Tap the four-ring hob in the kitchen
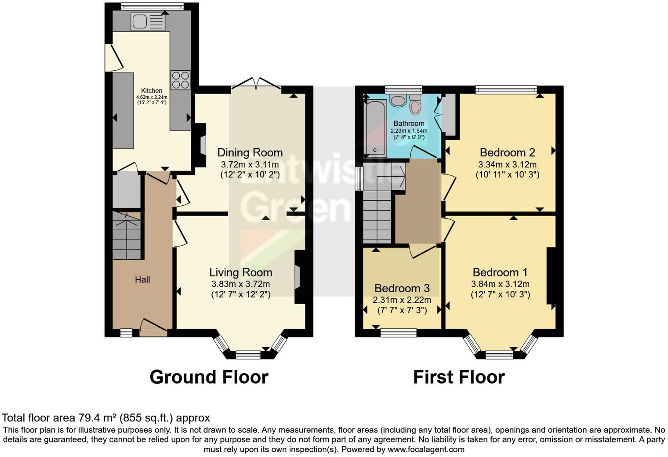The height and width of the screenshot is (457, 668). [x=180, y=80]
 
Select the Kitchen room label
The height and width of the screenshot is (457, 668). [x=152, y=91]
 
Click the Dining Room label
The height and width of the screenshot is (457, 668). [x=250, y=152]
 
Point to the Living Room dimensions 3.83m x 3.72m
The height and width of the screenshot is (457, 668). [x=240, y=284]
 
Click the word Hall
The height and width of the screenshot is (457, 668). [x=142, y=279]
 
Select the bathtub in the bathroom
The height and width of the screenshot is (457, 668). [x=375, y=127]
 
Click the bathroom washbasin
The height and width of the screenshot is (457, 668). [x=398, y=100]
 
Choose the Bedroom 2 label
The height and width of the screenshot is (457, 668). [x=507, y=152]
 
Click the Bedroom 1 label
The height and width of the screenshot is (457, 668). [x=500, y=272]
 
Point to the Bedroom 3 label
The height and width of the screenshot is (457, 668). [x=402, y=288]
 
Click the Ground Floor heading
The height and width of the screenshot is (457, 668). [x=209, y=377]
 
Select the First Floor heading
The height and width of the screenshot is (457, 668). [x=459, y=377]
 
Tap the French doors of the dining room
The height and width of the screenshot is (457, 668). [x=256, y=83]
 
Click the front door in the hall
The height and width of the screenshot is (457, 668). [x=153, y=327]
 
